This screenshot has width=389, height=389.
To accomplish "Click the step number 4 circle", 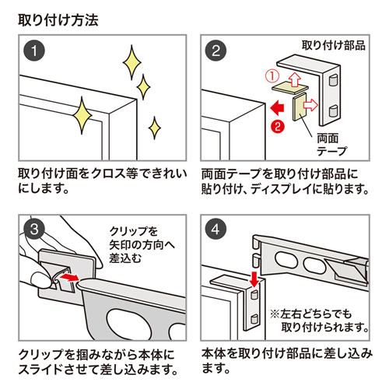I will tap(217, 231).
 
